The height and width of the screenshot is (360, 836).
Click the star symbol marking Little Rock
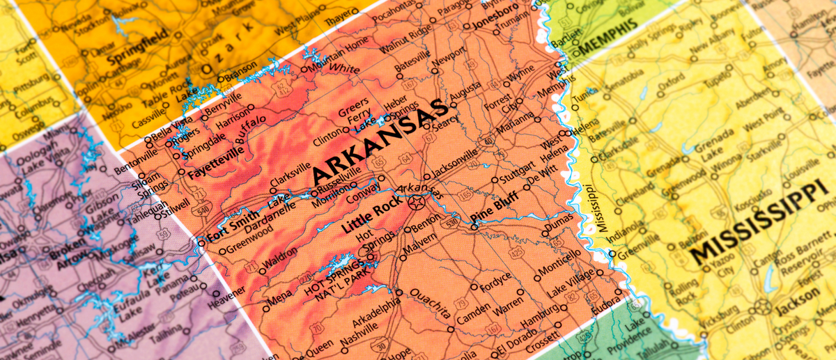click(416, 203)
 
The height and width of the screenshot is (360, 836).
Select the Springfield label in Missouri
click(137, 42)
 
